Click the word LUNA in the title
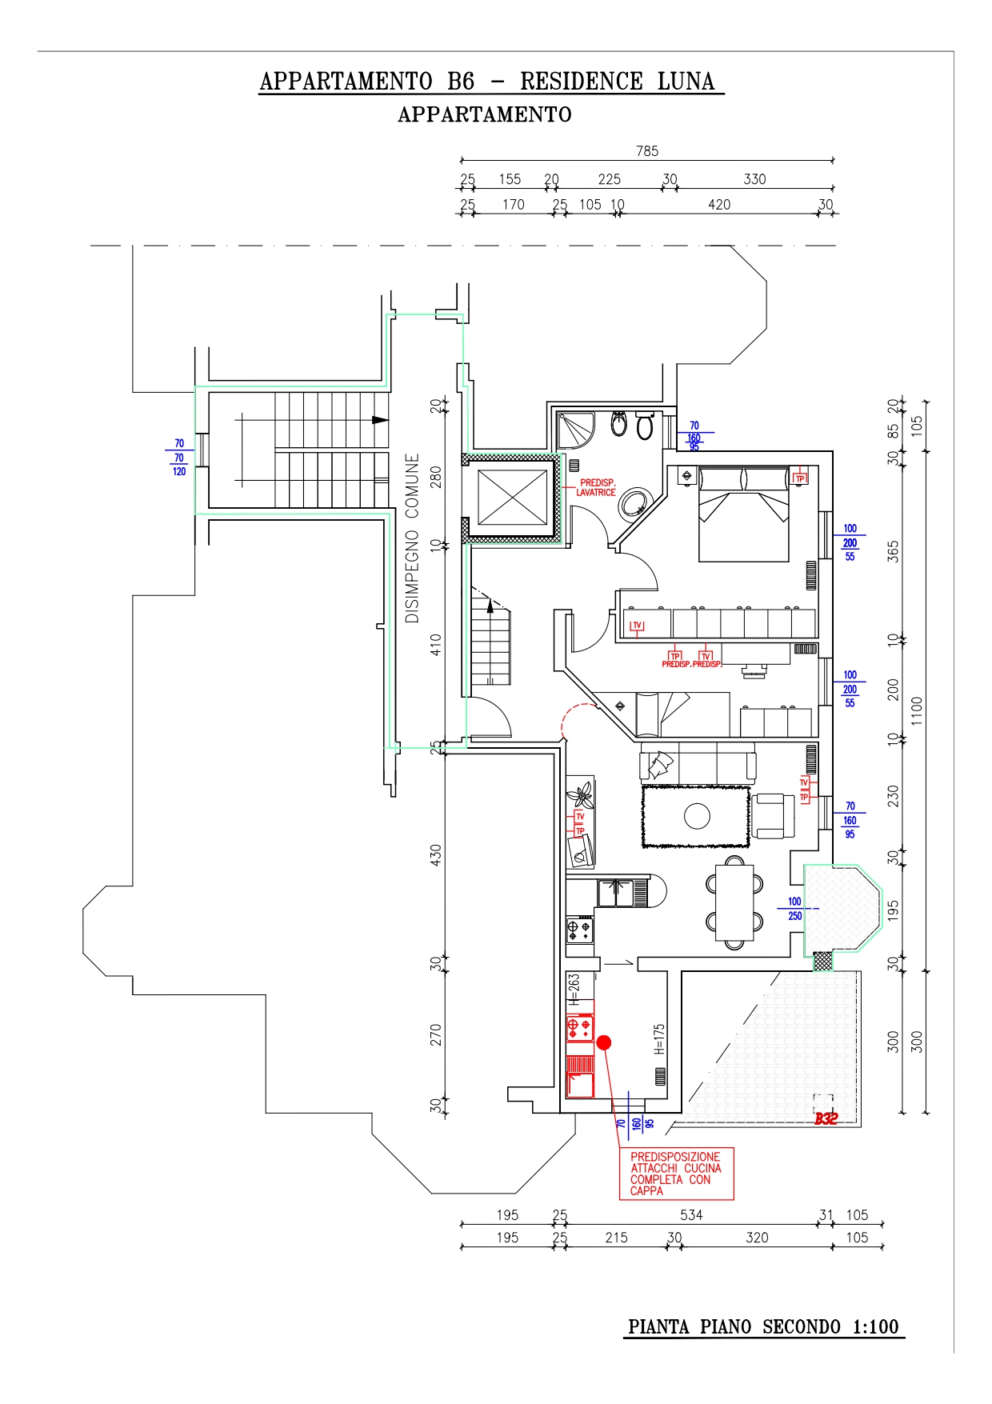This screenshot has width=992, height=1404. point(686,82)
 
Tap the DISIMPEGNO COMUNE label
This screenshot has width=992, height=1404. point(412,538)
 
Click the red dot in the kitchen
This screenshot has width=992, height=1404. point(604,1042)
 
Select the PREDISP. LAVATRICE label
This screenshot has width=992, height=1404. point(597,488)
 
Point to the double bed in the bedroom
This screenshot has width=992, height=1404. point(744,514)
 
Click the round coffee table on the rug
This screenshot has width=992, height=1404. point(697,816)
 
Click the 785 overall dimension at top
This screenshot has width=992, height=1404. point(647,151)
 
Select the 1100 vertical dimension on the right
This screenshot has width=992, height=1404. point(917,710)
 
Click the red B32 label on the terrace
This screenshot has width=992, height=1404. point(826,1118)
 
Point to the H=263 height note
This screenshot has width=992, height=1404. point(574,989)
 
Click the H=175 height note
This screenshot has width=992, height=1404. point(659,1039)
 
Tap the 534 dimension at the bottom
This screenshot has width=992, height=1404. point(691,1215)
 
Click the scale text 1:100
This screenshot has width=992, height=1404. point(875,1327)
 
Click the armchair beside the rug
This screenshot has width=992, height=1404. point(773,815)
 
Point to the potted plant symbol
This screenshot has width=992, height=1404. point(579,795)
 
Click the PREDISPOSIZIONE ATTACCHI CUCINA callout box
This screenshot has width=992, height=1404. point(676,1174)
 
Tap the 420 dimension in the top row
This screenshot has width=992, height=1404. point(719,205)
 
